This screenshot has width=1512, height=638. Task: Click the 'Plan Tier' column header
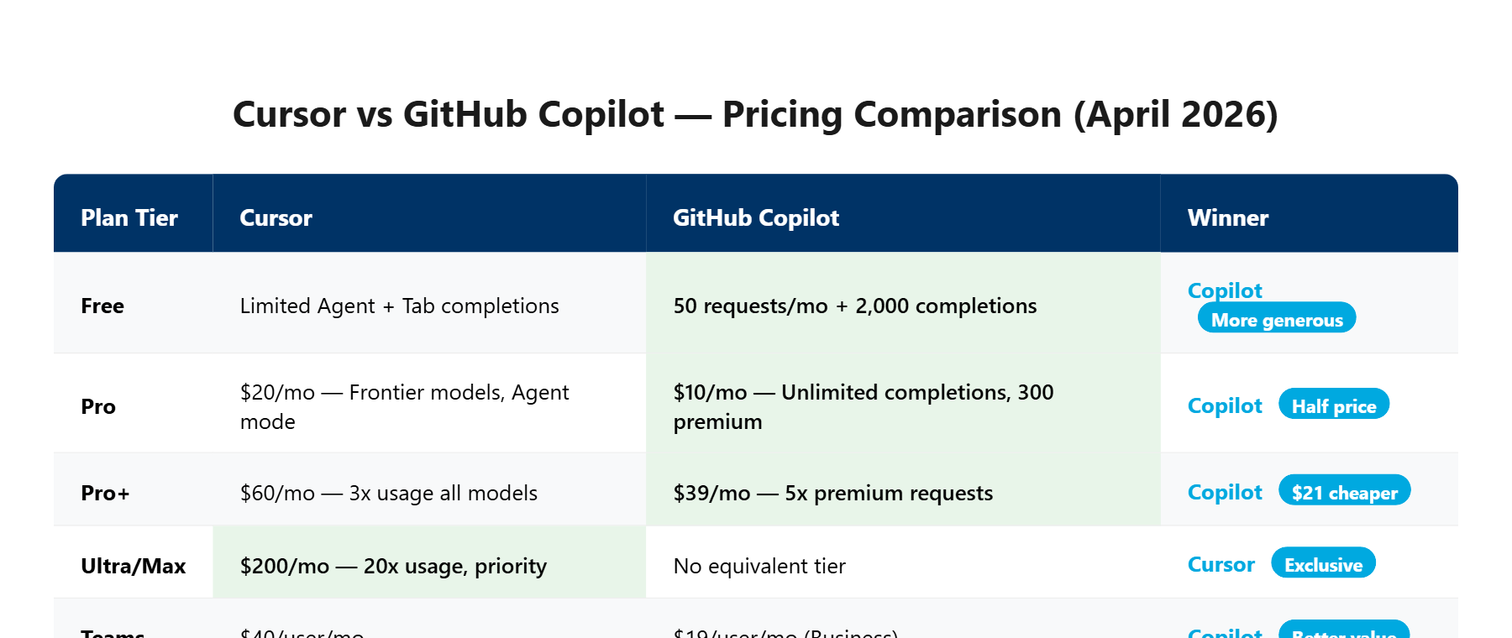pyautogui.click(x=129, y=218)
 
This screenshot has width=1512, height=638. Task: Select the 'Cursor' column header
pyautogui.click(x=276, y=218)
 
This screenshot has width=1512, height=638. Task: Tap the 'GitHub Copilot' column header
pyautogui.click(x=755, y=218)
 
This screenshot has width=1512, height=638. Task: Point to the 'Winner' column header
pyautogui.click(x=1227, y=218)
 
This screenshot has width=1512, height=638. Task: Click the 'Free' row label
pyautogui.click(x=102, y=306)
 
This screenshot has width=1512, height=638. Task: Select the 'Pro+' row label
pyautogui.click(x=105, y=493)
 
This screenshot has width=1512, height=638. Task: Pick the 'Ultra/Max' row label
pyautogui.click(x=133, y=566)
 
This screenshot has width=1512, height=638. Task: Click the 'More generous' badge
pyautogui.click(x=1276, y=320)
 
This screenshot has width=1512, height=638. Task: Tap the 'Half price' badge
pyautogui.click(x=1333, y=406)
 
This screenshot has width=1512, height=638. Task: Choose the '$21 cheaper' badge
pyautogui.click(x=1344, y=493)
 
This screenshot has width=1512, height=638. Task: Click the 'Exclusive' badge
pyautogui.click(x=1323, y=565)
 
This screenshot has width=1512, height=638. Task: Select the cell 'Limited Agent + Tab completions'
pyautogui.click(x=399, y=306)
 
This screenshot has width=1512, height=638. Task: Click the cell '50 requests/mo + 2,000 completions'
pyautogui.click(x=854, y=306)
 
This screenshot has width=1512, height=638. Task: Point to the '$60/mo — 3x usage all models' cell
pyautogui.click(x=388, y=493)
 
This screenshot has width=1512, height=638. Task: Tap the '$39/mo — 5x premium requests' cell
pyautogui.click(x=832, y=493)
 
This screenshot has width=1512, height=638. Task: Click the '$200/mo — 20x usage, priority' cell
pyautogui.click(x=393, y=566)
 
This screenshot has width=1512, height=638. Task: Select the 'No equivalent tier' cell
pyautogui.click(x=759, y=566)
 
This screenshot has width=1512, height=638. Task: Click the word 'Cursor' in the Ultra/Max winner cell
pyautogui.click(x=1221, y=565)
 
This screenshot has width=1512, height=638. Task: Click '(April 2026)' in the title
pyautogui.click(x=1175, y=114)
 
